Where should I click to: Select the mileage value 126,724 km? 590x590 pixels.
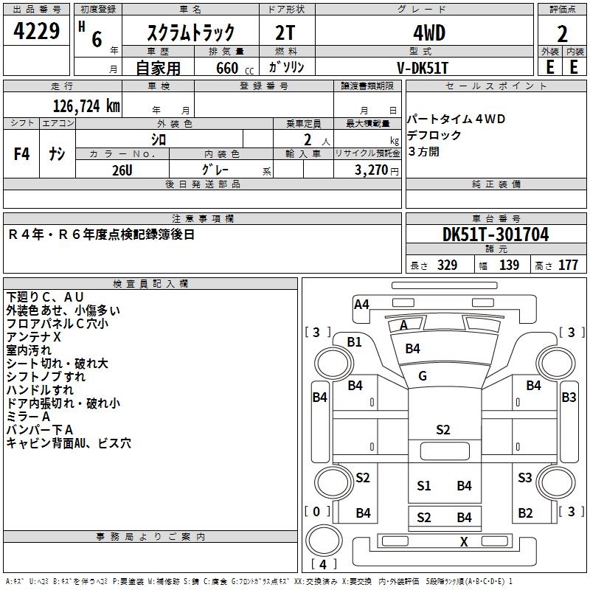coord(86,105)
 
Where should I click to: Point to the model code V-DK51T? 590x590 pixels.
coord(423,66)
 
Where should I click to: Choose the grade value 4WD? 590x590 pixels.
coord(423,32)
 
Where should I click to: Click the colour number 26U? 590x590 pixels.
coord(122,169)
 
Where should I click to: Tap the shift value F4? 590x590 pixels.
coord(22,154)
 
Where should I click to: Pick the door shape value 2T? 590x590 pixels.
coord(285,32)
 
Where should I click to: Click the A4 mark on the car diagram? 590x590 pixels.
coord(361,304)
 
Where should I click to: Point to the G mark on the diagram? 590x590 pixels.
coord(423,376)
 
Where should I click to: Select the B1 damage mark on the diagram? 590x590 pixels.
coord(355,341)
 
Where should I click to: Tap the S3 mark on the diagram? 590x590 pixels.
coord(524,477)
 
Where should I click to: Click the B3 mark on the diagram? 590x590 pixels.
coord(569,398)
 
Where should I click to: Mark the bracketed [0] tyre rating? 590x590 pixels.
coord(317,511)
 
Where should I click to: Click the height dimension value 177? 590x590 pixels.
coord(568,265)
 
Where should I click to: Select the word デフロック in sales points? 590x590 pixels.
coord(434,136)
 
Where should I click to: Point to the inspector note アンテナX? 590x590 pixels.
coord(34,336)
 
